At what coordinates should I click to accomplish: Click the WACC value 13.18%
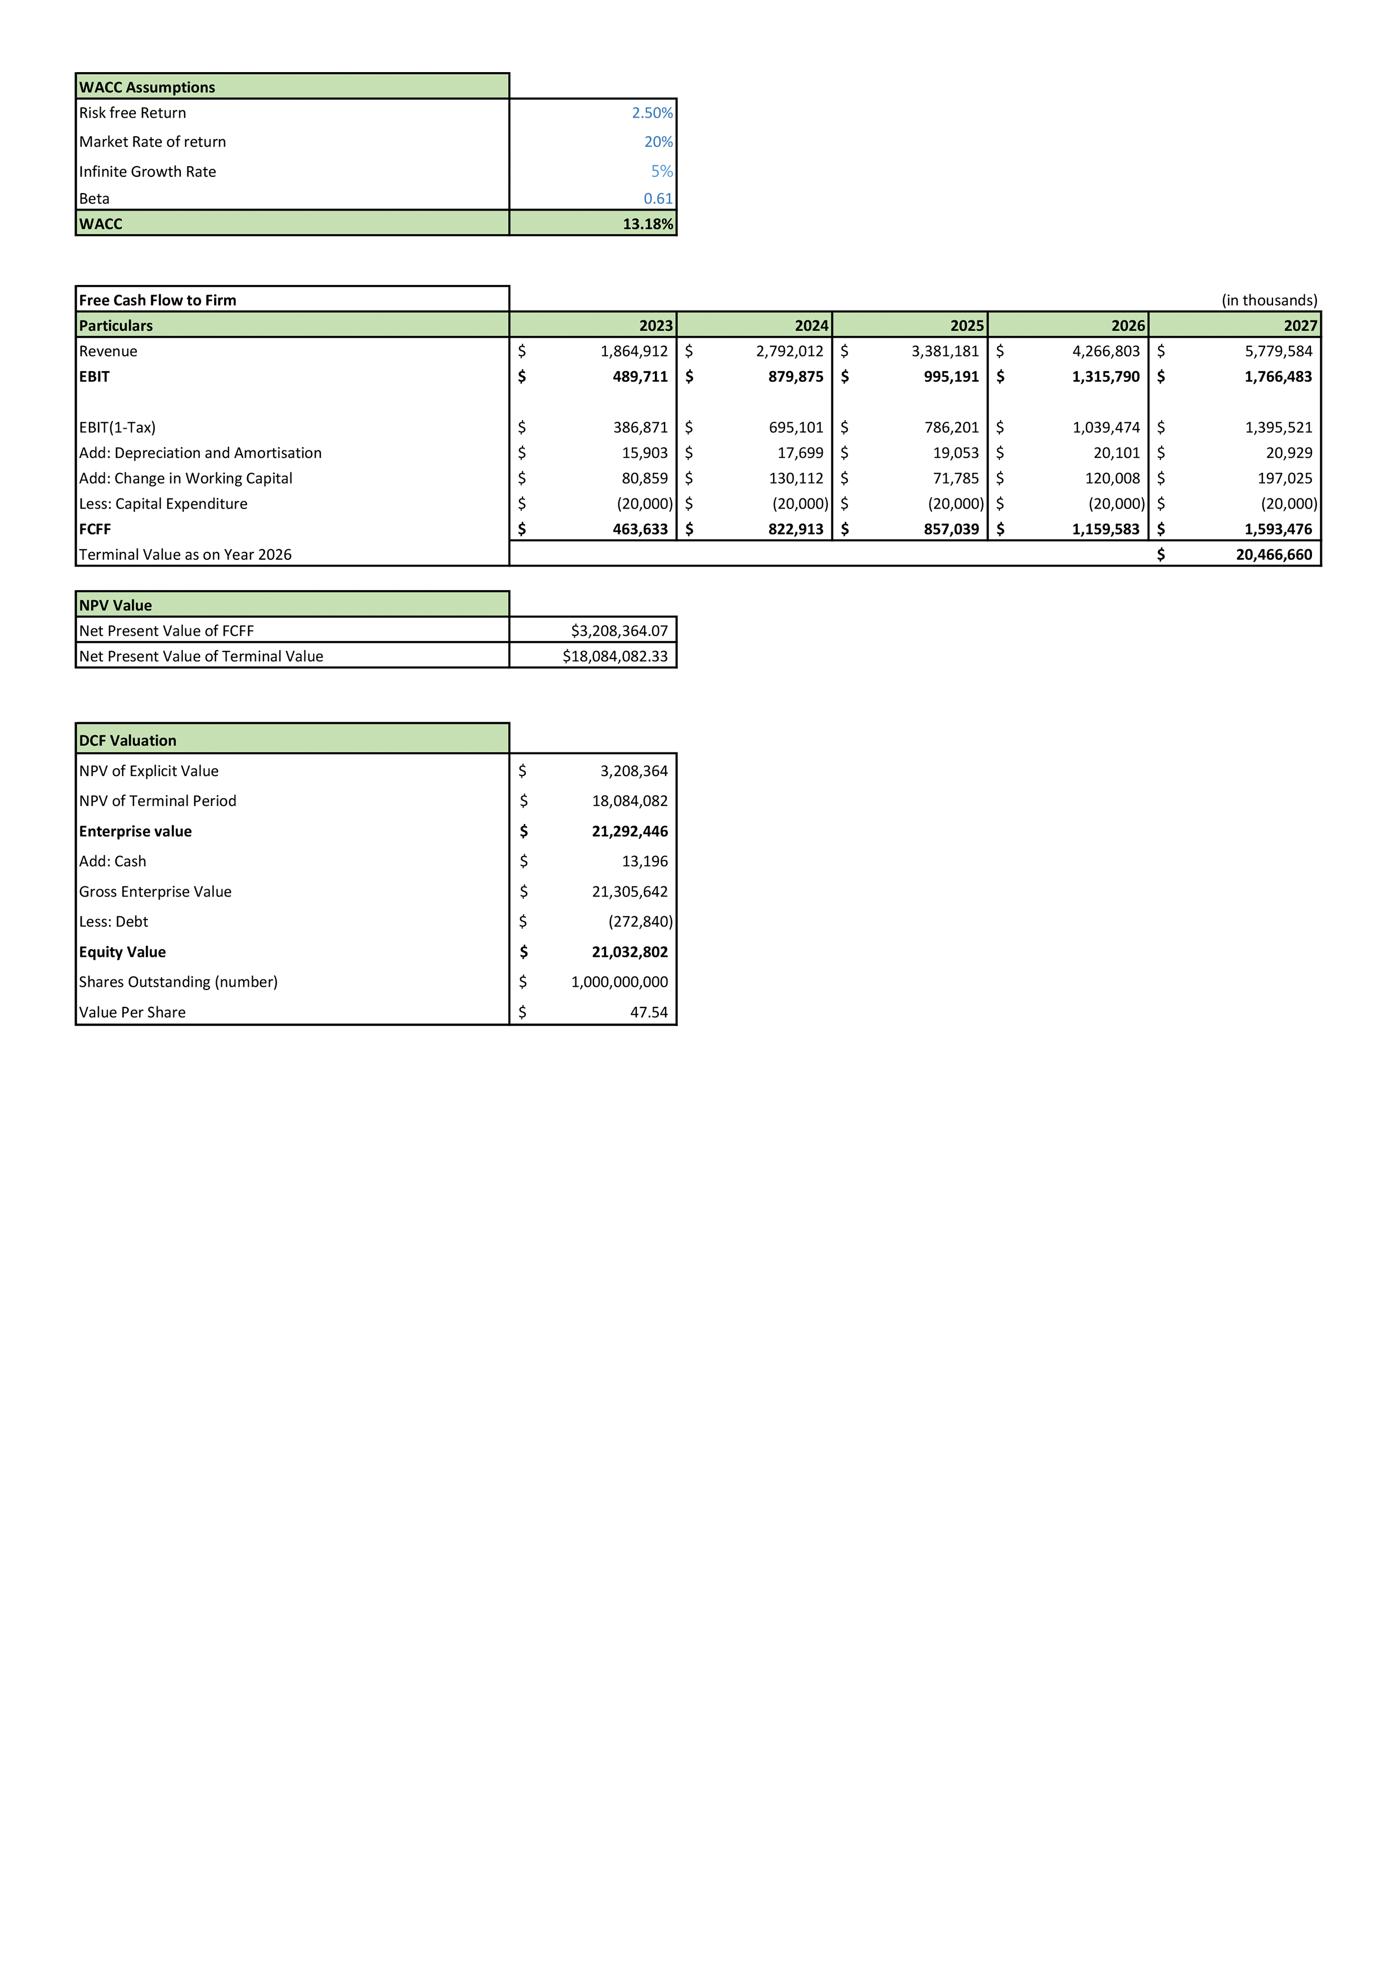[647, 224]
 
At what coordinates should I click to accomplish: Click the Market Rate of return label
[152, 142]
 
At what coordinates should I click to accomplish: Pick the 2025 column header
[966, 325]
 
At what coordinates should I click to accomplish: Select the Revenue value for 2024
[789, 351]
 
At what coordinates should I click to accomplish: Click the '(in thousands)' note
[1269, 300]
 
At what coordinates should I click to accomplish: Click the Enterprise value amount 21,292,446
[629, 831]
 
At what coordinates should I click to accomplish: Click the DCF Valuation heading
[127, 741]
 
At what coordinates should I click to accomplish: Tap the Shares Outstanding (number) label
[178, 982]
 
